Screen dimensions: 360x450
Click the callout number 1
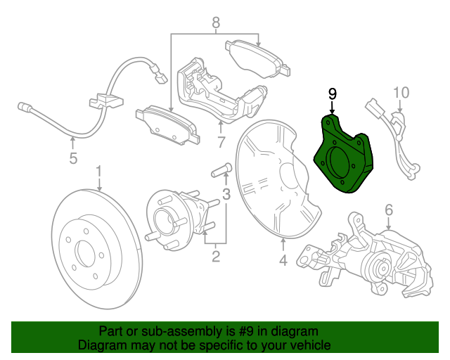99,171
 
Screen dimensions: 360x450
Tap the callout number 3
226,193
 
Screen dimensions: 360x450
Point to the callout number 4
283,262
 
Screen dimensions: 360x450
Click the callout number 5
73,159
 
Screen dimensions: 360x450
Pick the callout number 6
387,210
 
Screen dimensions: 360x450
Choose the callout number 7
220,143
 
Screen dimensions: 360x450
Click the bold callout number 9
332,94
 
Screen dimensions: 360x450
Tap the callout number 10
400,92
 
